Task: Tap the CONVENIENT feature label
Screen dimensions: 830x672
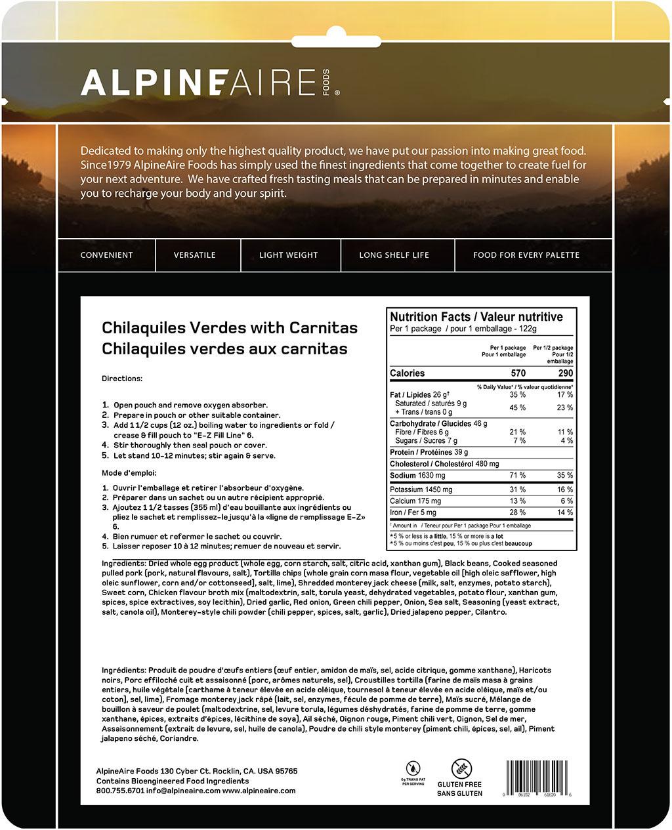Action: [106, 255]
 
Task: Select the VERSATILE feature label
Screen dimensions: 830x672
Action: [195, 255]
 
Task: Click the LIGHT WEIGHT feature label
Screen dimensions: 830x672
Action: [288, 255]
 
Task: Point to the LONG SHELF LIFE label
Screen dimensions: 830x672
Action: [394, 255]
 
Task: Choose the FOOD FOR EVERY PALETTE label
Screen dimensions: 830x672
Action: [526, 255]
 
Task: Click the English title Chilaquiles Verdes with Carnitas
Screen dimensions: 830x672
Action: [230, 328]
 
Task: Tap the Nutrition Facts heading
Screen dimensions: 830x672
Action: [476, 317]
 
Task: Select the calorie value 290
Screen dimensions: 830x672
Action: [565, 373]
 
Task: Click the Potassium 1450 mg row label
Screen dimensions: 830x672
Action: [421, 490]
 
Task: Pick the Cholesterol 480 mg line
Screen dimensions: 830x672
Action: [444, 464]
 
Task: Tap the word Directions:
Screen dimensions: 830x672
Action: [122, 379]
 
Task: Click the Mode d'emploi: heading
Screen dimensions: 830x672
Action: [129, 473]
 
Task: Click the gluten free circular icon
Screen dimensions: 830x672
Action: [461, 768]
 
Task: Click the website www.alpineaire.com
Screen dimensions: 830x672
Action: [259, 791]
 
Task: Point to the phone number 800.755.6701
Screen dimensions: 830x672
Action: [119, 791]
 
